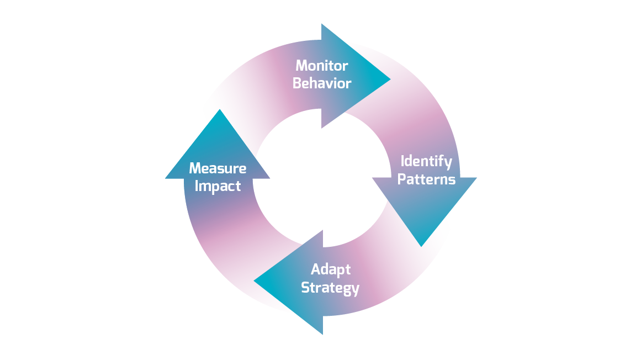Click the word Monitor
(322, 66)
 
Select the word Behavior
(322, 83)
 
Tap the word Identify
(426, 162)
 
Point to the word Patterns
(426, 179)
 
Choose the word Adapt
(330, 270)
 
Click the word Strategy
(330, 288)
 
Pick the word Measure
(218, 168)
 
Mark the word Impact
(218, 186)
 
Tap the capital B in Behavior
(297, 83)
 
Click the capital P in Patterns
(402, 179)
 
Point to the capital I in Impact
(197, 186)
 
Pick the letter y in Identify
(448, 163)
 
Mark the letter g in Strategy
(346, 290)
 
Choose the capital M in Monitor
(301, 66)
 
